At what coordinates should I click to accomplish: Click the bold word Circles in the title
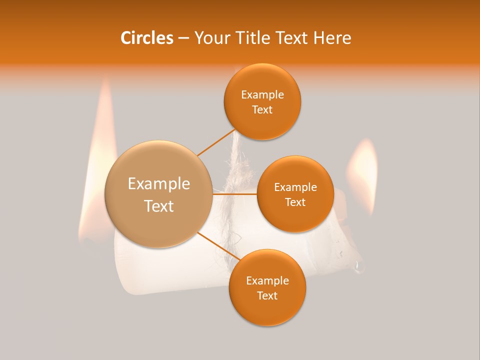pos(146,38)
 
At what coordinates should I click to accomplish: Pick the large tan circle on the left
pos(158,194)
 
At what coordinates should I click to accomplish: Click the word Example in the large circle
pos(159,184)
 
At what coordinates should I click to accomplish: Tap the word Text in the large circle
pos(159,206)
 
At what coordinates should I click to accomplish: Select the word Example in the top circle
pos(262,94)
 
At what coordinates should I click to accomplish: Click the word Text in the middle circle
pos(295,202)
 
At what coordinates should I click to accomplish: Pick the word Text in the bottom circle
pos(267,295)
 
